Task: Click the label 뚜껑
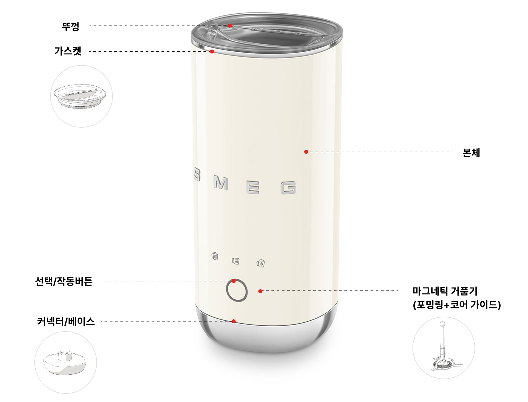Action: tap(71, 26)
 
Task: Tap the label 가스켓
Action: tap(68, 51)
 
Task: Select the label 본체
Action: tap(471, 153)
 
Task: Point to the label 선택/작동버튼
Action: tap(64, 281)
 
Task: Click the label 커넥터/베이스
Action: tap(66, 321)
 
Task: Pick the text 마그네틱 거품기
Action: tap(445, 291)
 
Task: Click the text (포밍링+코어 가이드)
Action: tap(457, 304)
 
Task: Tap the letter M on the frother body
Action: tap(221, 183)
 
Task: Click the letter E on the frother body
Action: tap(253, 187)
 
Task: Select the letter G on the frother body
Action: tap(288, 188)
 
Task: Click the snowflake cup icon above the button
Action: tap(261, 263)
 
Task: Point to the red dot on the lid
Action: tap(230, 26)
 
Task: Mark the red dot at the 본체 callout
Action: tap(306, 152)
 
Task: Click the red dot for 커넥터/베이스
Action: tap(233, 321)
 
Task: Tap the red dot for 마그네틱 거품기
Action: tap(260, 291)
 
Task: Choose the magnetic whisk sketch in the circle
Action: tap(443, 348)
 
